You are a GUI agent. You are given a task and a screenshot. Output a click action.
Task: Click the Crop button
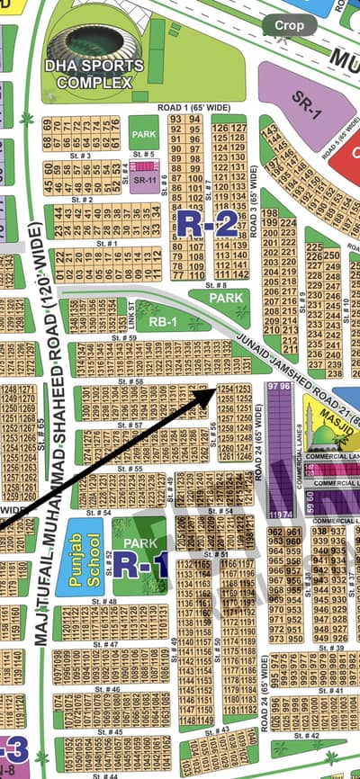(x=290, y=26)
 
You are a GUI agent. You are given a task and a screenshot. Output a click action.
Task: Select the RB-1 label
(x=162, y=322)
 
